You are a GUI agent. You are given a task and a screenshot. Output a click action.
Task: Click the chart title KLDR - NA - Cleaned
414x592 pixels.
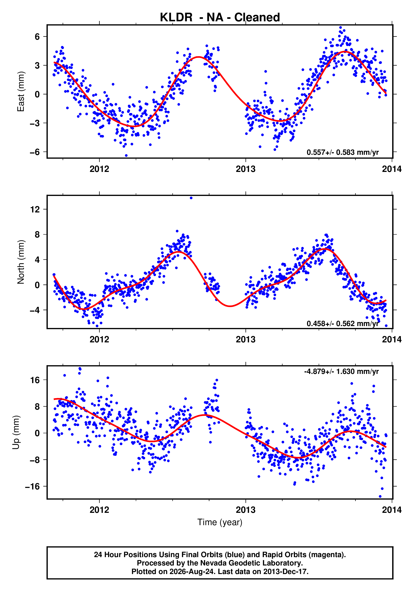click(220, 17)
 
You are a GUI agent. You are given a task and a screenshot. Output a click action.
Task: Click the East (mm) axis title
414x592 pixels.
click(21, 91)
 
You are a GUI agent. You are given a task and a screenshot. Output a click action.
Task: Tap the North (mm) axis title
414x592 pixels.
click(21, 262)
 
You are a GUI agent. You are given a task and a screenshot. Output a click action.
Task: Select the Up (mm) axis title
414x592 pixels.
click(16, 432)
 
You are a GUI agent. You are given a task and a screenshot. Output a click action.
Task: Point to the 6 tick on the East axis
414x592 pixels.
click(37, 37)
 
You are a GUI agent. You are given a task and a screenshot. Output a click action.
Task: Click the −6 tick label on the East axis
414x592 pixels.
click(35, 152)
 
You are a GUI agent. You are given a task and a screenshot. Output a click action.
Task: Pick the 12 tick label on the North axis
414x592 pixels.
click(35, 209)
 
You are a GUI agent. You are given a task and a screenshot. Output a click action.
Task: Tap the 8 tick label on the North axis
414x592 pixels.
click(38, 235)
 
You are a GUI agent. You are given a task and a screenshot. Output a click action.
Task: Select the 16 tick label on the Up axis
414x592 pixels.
click(35, 380)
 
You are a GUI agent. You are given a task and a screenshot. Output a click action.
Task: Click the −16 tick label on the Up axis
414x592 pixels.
click(33, 487)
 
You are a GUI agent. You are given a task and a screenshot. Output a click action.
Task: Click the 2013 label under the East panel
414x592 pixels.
click(246, 169)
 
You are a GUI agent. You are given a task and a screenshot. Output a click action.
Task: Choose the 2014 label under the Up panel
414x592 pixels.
click(392, 510)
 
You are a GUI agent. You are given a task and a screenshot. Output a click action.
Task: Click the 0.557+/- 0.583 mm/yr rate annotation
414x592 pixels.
click(343, 152)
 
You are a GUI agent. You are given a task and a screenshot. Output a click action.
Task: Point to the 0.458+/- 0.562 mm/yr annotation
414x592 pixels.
click(343, 324)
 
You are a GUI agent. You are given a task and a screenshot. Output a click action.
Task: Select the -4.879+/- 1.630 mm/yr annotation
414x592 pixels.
click(341, 372)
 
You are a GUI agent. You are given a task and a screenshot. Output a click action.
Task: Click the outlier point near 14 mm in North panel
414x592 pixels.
click(191, 198)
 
